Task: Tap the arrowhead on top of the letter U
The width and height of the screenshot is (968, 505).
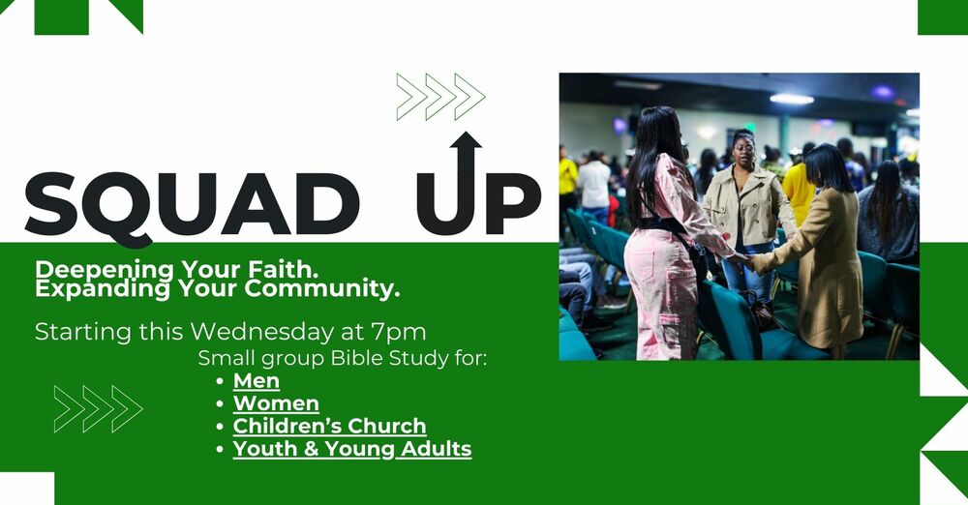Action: click(x=466, y=140)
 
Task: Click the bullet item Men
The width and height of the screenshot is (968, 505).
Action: click(x=257, y=381)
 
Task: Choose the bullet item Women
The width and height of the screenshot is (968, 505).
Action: click(x=276, y=403)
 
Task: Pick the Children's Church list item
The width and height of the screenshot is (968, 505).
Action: click(x=330, y=426)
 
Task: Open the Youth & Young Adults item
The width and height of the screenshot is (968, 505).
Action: click(x=352, y=449)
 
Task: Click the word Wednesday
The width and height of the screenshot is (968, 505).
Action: click(x=262, y=332)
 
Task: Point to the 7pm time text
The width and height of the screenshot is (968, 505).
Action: click(x=399, y=332)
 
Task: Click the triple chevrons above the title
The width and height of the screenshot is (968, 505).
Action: click(x=440, y=97)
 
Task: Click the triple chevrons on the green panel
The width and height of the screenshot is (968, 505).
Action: click(x=98, y=408)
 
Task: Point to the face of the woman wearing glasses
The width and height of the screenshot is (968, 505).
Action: click(x=744, y=149)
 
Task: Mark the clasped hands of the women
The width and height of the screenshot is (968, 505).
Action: click(x=744, y=261)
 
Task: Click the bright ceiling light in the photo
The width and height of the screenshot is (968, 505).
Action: click(x=792, y=99)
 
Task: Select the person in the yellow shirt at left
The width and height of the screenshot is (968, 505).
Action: click(x=568, y=180)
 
